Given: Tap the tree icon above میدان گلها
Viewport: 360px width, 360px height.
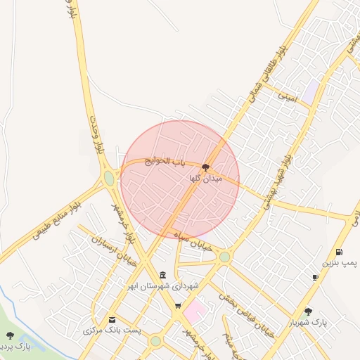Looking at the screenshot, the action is point(205,167).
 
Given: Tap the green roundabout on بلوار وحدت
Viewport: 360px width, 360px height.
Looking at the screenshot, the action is point(109,179).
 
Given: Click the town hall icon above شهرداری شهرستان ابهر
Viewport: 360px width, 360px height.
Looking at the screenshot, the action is point(163,274).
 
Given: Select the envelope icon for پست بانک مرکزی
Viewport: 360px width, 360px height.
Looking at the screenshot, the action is point(112,320).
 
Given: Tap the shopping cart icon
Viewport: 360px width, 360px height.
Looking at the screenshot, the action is point(178,306).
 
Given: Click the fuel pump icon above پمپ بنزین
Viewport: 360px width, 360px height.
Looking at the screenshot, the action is point(340,252).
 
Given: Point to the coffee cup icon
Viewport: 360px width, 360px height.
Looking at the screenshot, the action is point(315,277).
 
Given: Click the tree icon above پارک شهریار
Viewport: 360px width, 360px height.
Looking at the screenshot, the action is point(308,311).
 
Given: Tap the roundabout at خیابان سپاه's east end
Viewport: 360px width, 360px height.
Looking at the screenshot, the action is point(224,257).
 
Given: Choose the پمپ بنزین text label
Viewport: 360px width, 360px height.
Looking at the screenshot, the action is point(340,262).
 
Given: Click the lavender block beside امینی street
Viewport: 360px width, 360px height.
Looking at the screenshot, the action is point(311,91).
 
